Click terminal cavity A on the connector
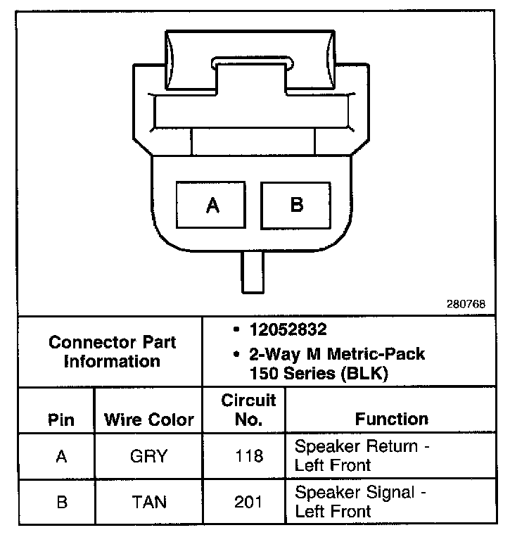(x=211, y=204)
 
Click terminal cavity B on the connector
(x=296, y=204)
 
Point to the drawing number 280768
(x=465, y=305)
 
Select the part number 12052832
(x=278, y=330)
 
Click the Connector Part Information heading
(x=113, y=352)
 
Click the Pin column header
(x=61, y=420)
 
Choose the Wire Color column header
(x=148, y=420)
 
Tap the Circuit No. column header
(x=248, y=410)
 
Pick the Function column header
(x=391, y=420)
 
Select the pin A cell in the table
(x=61, y=456)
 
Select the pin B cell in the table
(x=61, y=502)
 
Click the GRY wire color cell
(x=148, y=456)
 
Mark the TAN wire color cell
(x=148, y=502)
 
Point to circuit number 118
(x=248, y=456)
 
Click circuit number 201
(x=248, y=502)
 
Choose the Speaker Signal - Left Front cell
(x=361, y=501)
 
